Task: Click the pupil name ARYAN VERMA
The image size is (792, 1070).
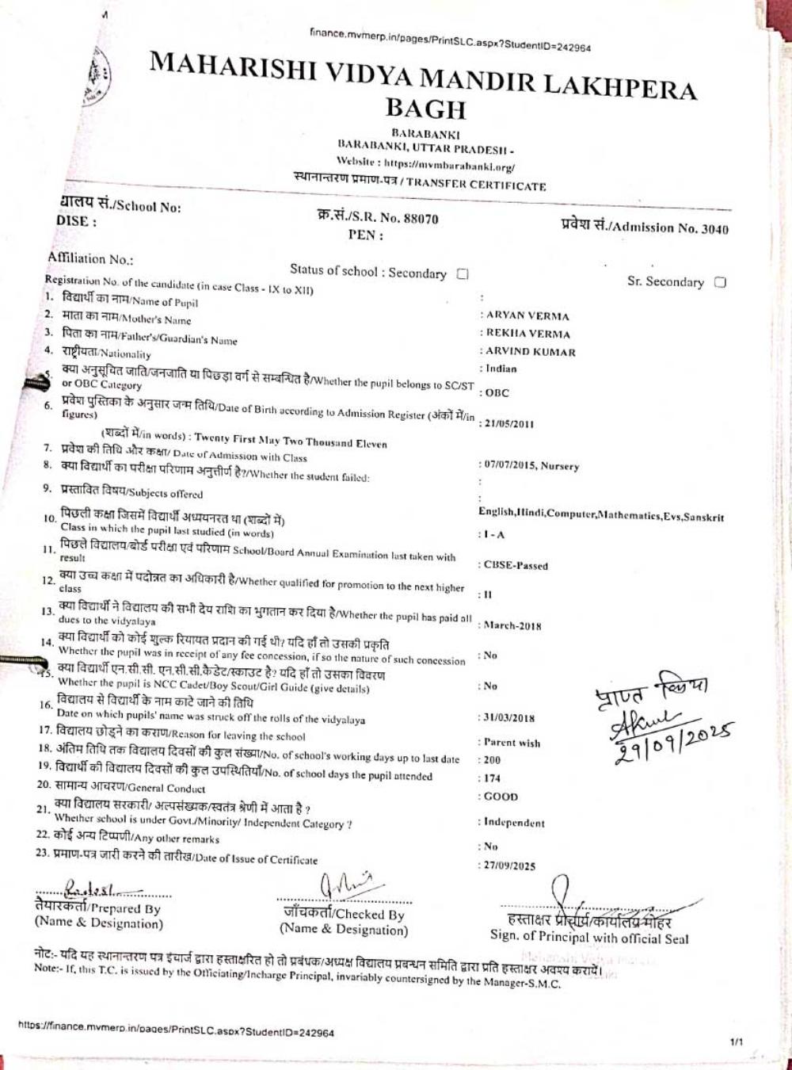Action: coord(527,315)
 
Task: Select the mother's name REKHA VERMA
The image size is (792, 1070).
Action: coord(528,334)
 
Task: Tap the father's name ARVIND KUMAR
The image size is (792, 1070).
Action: coord(531,352)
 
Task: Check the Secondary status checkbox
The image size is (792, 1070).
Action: coord(463,274)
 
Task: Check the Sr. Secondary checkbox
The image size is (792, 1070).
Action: coord(720,282)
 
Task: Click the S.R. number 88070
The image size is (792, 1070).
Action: coord(421,219)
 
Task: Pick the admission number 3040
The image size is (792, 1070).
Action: coord(715,229)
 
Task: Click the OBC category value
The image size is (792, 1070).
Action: coord(497,393)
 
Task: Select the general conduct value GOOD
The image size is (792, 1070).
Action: coord(501,797)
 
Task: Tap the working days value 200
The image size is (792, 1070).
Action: coord(492,759)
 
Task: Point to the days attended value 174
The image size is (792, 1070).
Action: coord(492,778)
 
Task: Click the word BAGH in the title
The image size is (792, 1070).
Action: coord(425,109)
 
